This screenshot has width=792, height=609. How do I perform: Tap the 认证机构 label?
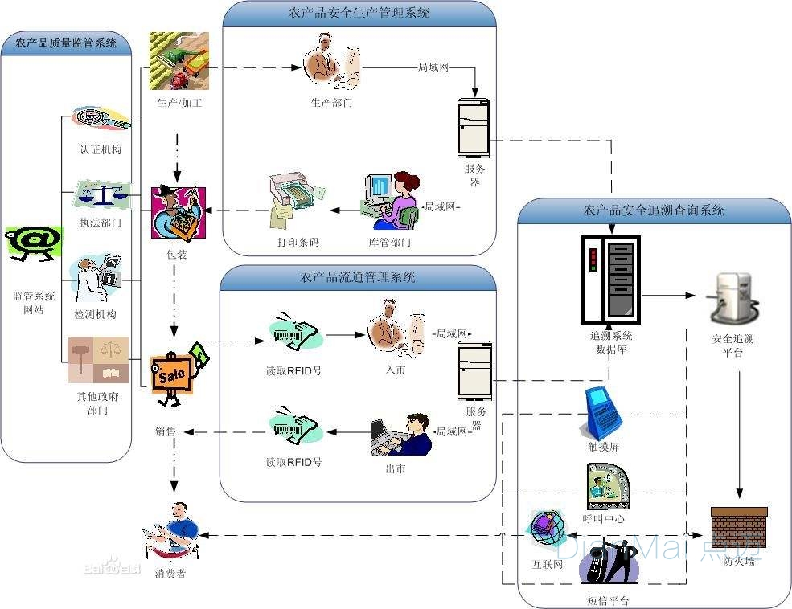[101, 149]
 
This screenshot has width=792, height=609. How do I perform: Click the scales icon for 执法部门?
[101, 194]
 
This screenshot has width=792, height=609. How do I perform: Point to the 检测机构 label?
[101, 313]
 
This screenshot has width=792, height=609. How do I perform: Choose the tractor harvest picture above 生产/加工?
[179, 61]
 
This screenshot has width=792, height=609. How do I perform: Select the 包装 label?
[176, 255]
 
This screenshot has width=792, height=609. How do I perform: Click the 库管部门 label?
[389, 241]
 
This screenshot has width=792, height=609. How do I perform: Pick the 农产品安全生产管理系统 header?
[359, 14]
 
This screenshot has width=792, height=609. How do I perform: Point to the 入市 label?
[396, 370]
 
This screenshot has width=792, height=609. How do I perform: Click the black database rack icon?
[610, 277]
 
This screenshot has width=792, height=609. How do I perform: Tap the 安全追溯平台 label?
[732, 345]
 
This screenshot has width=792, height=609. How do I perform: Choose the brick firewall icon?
[739, 527]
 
